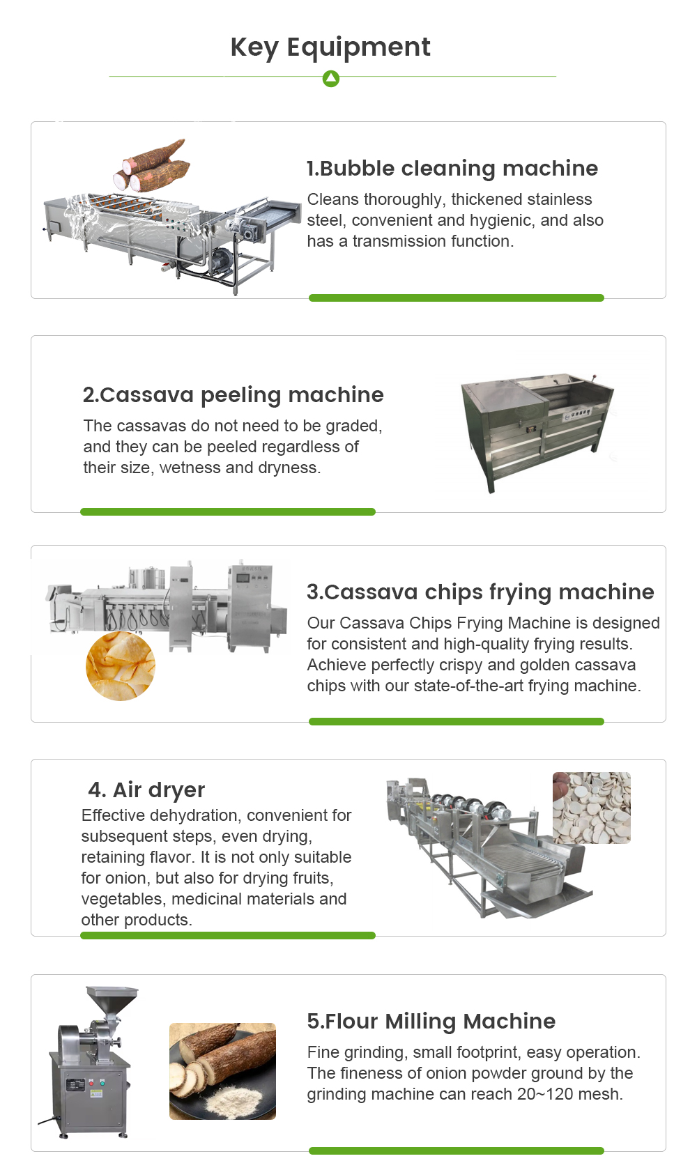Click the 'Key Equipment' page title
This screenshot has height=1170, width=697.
(x=330, y=47)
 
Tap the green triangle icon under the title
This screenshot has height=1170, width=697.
(x=331, y=79)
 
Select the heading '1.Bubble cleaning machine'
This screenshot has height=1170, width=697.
(x=452, y=168)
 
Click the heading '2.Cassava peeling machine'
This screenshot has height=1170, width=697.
(x=233, y=394)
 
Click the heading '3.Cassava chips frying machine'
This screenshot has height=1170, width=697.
(x=480, y=592)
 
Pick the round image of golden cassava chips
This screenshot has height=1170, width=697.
(x=120, y=666)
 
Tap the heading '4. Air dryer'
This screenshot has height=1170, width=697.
(x=146, y=790)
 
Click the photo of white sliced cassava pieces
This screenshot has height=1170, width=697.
(x=591, y=808)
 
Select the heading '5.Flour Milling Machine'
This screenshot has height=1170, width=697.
(x=431, y=1021)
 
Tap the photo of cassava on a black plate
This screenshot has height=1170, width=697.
(x=222, y=1071)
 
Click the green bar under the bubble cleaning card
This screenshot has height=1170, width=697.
(x=456, y=298)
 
